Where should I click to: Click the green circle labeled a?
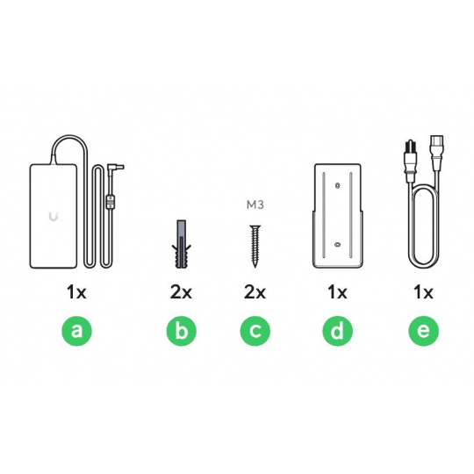(x=76, y=331)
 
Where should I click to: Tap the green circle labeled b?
(x=181, y=331)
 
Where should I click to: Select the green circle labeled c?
(x=255, y=331)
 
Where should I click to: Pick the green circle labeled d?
(x=337, y=331)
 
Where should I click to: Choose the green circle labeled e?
(x=423, y=331)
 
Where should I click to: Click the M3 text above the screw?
(x=255, y=205)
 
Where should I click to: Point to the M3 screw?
(x=255, y=246)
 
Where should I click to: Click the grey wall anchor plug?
(x=181, y=244)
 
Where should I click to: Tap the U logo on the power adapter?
(x=54, y=217)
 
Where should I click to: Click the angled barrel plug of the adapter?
(x=116, y=166)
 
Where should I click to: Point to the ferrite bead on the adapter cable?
(x=111, y=202)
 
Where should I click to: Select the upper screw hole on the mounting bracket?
(x=338, y=185)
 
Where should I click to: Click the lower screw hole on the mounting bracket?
(x=338, y=244)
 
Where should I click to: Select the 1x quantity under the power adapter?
(x=76, y=292)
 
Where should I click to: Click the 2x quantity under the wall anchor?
(x=181, y=292)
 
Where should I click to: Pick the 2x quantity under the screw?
(x=255, y=292)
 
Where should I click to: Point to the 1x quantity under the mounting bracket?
(x=337, y=292)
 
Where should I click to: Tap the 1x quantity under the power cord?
(x=423, y=292)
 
